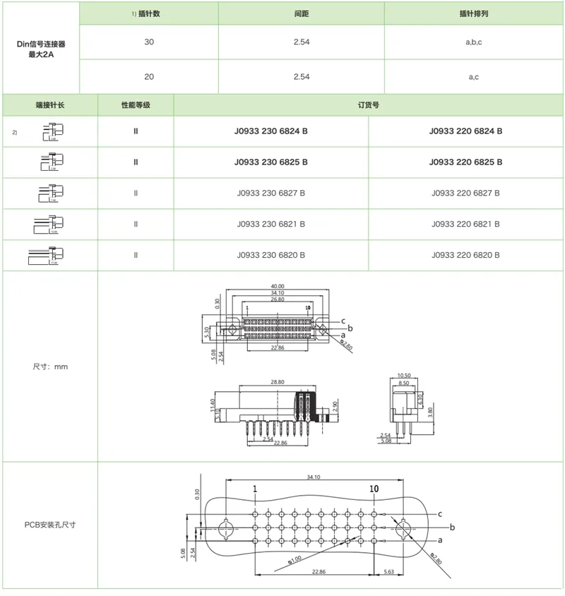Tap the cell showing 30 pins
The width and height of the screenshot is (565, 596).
coord(148,42)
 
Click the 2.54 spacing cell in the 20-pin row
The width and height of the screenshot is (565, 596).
coord(301,76)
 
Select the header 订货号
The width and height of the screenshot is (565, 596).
coord(368,105)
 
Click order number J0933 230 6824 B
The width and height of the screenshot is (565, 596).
coord(271,131)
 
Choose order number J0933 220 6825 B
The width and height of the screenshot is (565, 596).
coord(465,162)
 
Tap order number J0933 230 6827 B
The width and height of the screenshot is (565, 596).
coord(271,193)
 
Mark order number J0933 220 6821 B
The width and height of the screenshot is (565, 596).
coord(465,224)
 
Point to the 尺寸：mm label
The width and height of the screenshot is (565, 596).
coord(50,366)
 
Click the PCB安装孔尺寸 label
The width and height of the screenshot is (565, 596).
coord(50,525)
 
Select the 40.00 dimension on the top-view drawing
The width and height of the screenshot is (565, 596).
coord(277,286)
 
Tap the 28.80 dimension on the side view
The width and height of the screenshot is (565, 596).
coord(278,381)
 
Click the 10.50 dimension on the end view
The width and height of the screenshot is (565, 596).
coord(404,376)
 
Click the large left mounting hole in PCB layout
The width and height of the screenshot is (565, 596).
coord(226,528)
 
